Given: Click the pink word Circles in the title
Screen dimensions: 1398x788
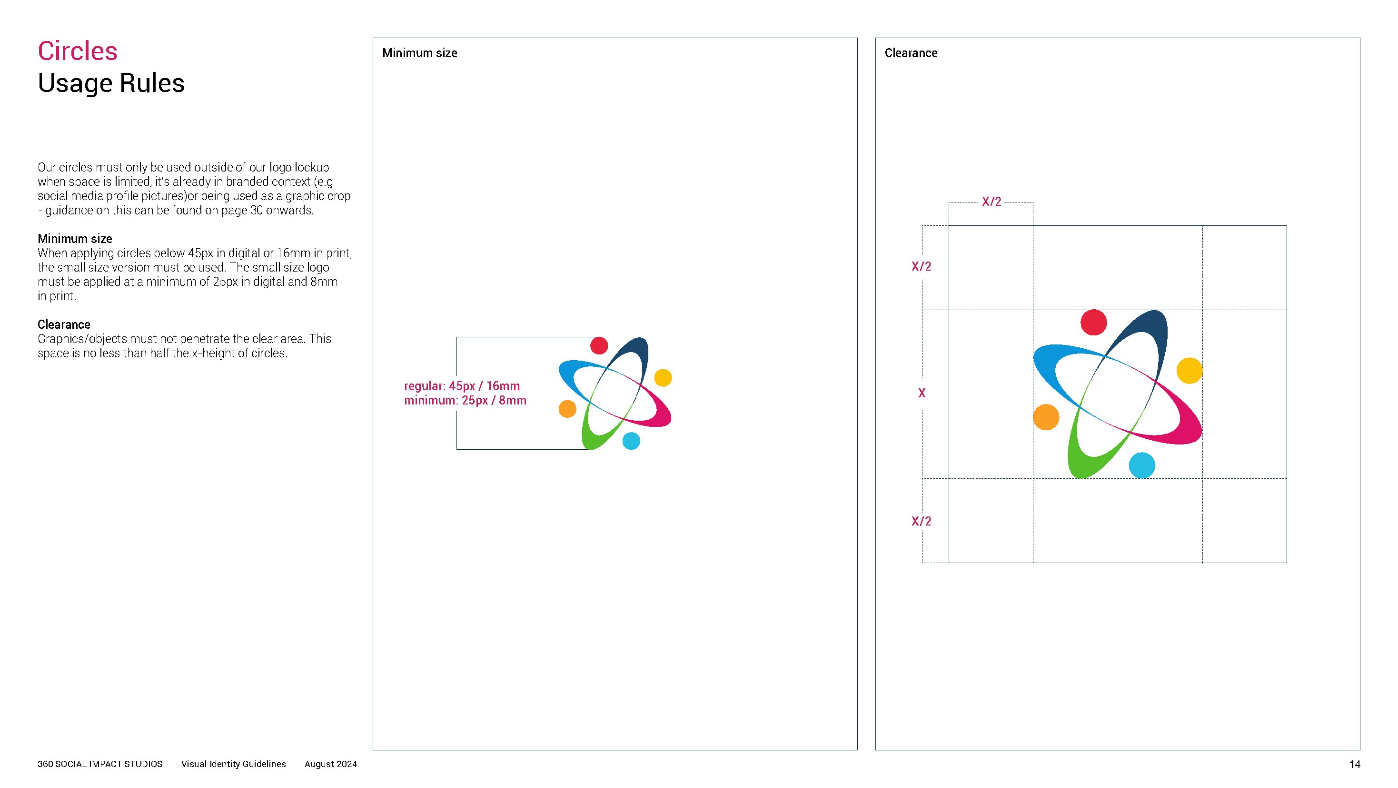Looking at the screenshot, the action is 78,51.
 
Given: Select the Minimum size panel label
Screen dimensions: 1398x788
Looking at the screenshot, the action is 419,53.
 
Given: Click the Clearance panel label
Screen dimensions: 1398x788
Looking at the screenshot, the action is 911,53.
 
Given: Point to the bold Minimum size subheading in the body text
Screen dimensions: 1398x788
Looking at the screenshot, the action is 75,239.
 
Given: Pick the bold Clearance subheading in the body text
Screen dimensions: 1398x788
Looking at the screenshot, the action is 64,325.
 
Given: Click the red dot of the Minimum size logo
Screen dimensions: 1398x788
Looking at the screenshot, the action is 599,345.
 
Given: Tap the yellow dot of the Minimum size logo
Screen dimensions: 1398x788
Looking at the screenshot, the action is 663,377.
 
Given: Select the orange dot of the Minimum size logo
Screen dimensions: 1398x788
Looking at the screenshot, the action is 567,409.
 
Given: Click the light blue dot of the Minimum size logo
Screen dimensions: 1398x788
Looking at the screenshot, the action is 631,441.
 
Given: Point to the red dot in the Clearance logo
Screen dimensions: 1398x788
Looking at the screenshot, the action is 1093,323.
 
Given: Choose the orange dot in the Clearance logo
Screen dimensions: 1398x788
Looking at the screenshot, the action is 1046,417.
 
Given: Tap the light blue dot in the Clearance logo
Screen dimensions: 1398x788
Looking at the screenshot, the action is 1142,465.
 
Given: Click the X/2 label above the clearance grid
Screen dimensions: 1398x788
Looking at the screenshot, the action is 991,202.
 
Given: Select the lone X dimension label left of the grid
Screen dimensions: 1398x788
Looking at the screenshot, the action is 922,393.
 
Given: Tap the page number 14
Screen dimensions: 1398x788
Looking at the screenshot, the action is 1355,765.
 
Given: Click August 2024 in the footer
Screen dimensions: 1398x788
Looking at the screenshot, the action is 330,764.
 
